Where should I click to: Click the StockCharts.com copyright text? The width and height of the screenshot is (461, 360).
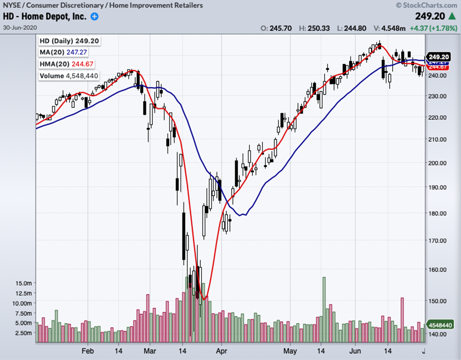[x=427, y=5]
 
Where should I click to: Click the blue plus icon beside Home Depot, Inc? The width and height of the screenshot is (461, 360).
[x=94, y=17]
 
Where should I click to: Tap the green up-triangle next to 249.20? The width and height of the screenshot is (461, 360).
[x=452, y=16]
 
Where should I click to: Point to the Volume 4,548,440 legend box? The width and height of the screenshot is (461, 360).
[x=69, y=76]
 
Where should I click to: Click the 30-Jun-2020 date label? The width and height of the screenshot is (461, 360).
[x=19, y=28]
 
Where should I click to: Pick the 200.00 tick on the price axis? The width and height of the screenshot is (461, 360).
[x=437, y=163]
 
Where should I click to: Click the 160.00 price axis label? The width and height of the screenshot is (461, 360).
[x=437, y=270]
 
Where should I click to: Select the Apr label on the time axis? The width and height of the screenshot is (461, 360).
[x=221, y=351]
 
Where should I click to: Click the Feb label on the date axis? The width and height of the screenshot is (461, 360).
[x=88, y=351]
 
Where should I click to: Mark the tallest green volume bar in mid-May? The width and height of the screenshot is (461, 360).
[x=324, y=309]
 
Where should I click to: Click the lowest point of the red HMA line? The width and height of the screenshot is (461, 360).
[x=204, y=299]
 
